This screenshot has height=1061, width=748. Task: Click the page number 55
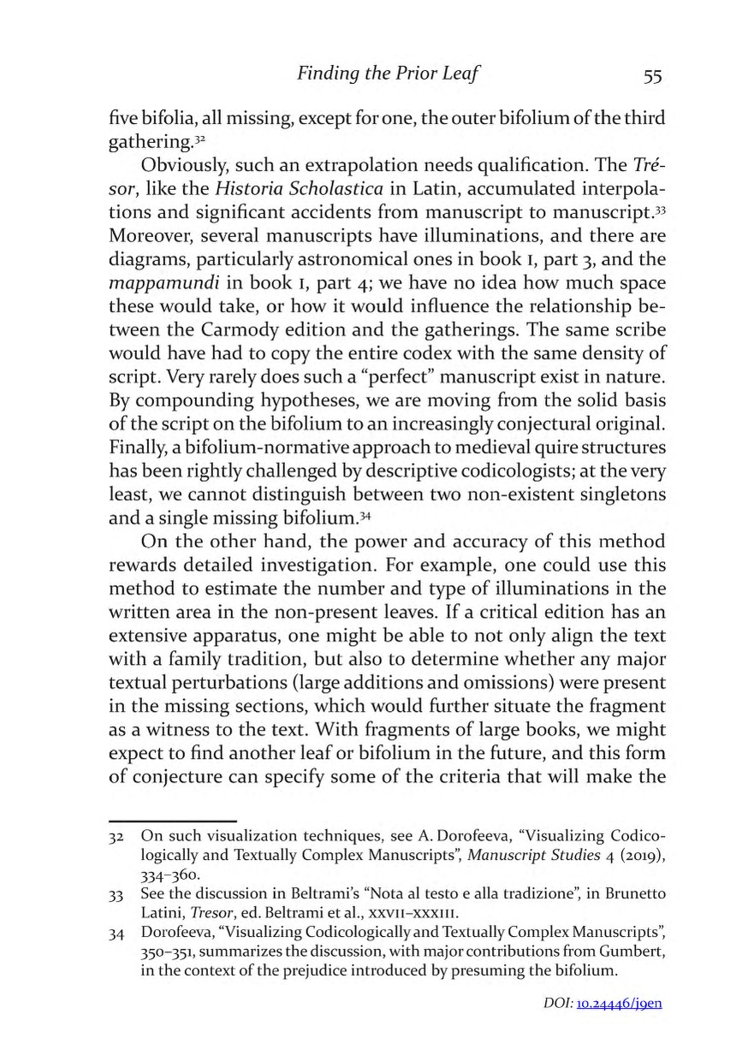click(x=652, y=75)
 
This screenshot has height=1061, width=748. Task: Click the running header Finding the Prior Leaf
click(x=387, y=74)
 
